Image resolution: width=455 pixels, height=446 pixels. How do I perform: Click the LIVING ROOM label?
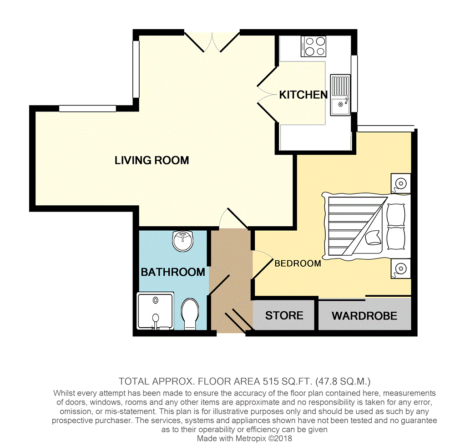click(x=152, y=161)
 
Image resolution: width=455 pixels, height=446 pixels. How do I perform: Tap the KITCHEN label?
click(x=303, y=95)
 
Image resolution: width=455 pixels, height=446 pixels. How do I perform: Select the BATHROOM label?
click(x=173, y=272)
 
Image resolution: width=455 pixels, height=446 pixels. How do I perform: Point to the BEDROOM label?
click(x=298, y=264)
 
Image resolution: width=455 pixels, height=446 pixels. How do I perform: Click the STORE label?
click(x=284, y=315)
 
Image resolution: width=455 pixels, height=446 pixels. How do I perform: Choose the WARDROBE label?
click(x=364, y=316)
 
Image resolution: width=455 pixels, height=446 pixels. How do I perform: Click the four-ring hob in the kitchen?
click(x=313, y=46)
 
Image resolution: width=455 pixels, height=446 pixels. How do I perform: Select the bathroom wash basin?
click(x=182, y=241)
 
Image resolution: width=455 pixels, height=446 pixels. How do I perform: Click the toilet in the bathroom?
click(x=190, y=314)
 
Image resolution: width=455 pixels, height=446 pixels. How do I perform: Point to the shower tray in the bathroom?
click(x=156, y=311)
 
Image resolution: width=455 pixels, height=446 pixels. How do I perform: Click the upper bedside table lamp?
click(x=401, y=183)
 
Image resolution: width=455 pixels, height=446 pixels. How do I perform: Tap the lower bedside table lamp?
click(x=401, y=269)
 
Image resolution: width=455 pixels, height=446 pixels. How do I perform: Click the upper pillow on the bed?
click(x=396, y=215)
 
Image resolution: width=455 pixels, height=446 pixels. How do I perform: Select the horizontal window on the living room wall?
click(x=88, y=108)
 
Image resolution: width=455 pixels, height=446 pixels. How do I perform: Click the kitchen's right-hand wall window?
click(x=354, y=84)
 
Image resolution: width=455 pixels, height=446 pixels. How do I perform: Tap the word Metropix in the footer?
click(x=251, y=438)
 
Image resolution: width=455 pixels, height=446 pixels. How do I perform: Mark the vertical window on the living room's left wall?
click(x=136, y=69)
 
